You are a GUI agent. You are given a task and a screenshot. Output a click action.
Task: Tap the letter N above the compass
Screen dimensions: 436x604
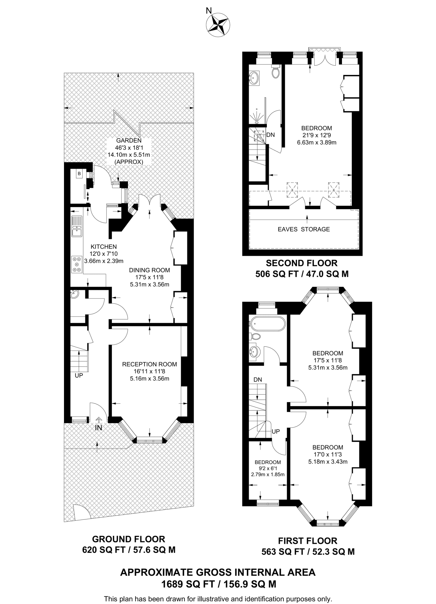(x=209, y=11)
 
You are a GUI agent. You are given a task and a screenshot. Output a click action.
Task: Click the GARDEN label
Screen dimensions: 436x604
(x=129, y=140)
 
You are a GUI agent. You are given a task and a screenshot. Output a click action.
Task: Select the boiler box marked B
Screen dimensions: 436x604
(x=79, y=174)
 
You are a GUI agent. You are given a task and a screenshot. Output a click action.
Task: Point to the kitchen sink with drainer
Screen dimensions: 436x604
(x=77, y=226)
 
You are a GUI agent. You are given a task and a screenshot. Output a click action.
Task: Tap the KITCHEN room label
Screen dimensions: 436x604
(x=103, y=247)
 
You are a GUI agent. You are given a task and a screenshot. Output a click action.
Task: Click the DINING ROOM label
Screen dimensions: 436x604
(x=149, y=270)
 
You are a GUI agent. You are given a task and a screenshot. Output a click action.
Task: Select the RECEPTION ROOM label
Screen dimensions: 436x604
(x=149, y=364)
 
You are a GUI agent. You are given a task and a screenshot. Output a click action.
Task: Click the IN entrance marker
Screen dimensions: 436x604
(x=98, y=427)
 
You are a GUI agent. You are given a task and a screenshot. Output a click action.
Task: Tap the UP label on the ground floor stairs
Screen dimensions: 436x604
(x=79, y=375)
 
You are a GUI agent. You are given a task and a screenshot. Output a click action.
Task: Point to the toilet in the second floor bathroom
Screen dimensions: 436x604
(x=276, y=71)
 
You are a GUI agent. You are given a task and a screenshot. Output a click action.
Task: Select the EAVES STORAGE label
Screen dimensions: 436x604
(x=304, y=229)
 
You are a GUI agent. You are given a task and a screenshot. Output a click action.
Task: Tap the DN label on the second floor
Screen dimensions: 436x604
(x=270, y=135)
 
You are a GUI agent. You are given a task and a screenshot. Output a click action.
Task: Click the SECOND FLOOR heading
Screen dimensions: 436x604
(x=302, y=263)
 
